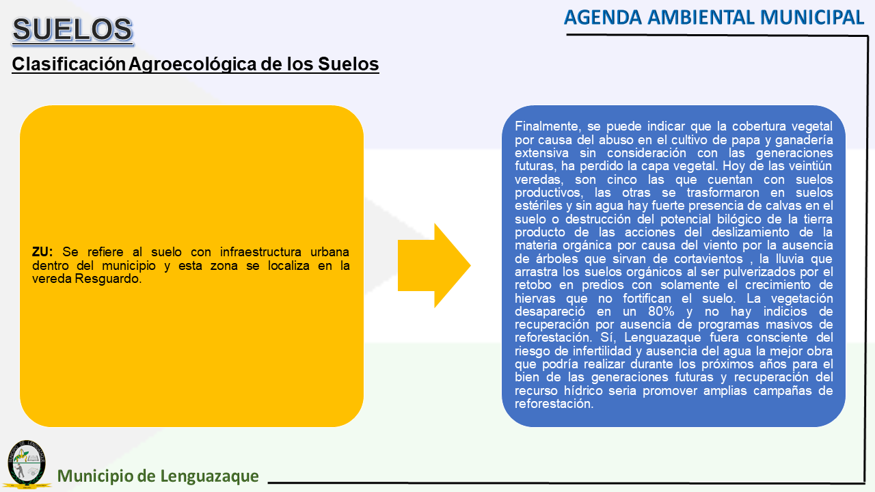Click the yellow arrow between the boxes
click(x=433, y=266)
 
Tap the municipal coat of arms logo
click(x=27, y=464)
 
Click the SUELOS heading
click(x=72, y=29)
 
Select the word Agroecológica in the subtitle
click(x=193, y=64)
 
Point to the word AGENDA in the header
click(x=603, y=18)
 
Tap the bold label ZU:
click(x=42, y=252)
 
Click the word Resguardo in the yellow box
click(x=108, y=279)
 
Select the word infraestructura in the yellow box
click(x=260, y=252)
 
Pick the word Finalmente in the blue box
click(x=548, y=126)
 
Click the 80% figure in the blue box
click(x=661, y=312)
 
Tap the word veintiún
click(x=810, y=166)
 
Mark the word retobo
click(x=533, y=285)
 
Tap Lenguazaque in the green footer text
click(x=209, y=476)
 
